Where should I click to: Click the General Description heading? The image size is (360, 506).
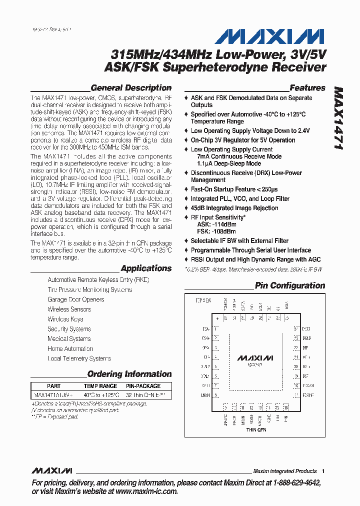[x=131, y=88]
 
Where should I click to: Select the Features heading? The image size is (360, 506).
[x=307, y=88]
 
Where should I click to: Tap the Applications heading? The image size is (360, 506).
[x=146, y=268]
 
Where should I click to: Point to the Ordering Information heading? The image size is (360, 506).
[x=129, y=374]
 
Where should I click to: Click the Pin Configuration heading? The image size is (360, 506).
[x=290, y=286]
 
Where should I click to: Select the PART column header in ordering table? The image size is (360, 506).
[x=53, y=386]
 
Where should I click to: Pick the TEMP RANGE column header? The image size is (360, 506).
[x=100, y=386]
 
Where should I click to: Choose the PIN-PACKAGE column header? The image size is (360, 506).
[x=143, y=386]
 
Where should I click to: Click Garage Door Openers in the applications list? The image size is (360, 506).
[x=76, y=299]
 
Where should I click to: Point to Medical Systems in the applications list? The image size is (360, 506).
[x=69, y=339]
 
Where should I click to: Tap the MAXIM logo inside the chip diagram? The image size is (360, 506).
[x=255, y=358]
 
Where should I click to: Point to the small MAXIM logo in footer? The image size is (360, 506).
[x=52, y=471]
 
